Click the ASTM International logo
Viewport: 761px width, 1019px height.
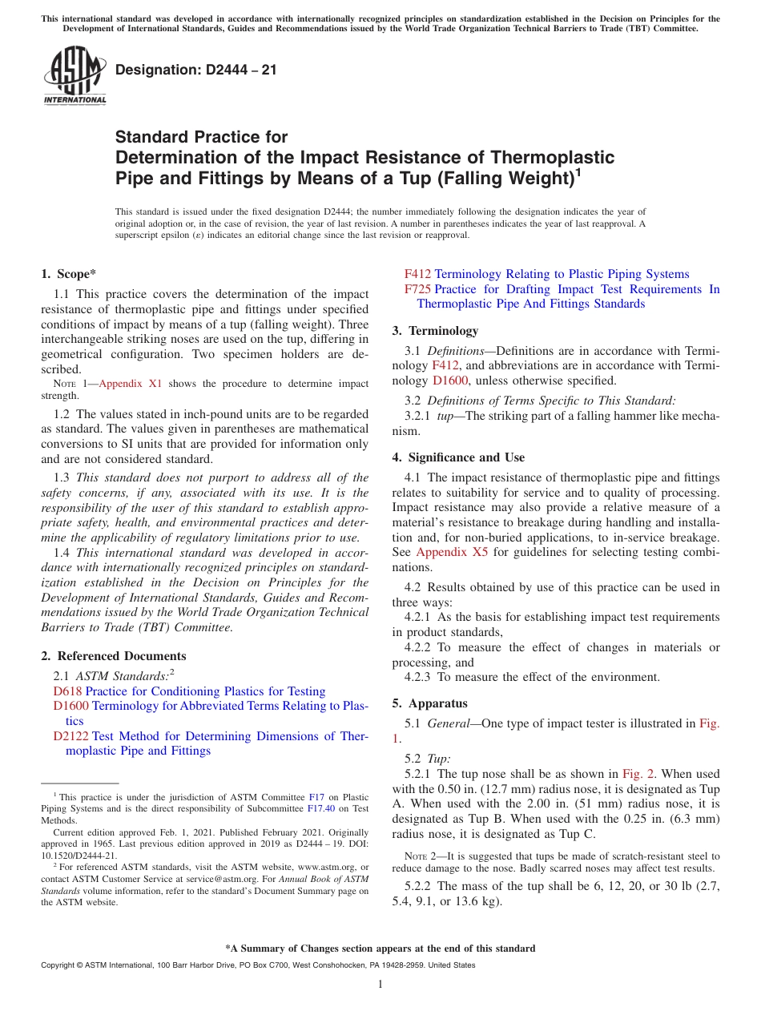[74, 75]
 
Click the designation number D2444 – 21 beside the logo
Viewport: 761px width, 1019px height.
[196, 70]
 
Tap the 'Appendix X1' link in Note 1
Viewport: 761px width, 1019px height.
[130, 384]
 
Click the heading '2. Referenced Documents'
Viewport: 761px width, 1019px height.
[113, 656]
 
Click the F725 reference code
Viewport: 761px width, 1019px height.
[417, 289]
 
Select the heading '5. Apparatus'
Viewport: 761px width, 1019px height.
[429, 703]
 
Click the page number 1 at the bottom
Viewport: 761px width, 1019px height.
[380, 984]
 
